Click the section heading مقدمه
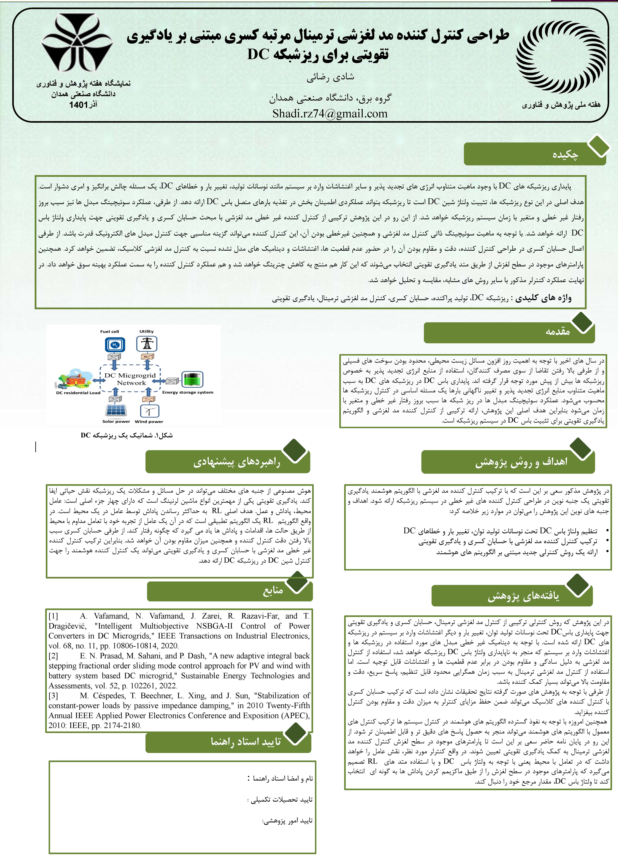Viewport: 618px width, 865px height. tap(557, 331)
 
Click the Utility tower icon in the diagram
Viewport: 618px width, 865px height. tap(147, 344)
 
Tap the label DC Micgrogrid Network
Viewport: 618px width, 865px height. tap(131, 379)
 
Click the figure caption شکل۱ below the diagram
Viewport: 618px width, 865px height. tap(127, 435)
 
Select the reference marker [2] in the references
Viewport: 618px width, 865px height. tap(53, 656)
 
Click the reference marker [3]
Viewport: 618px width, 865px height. tap(53, 696)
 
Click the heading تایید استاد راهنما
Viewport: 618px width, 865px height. tap(245, 742)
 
